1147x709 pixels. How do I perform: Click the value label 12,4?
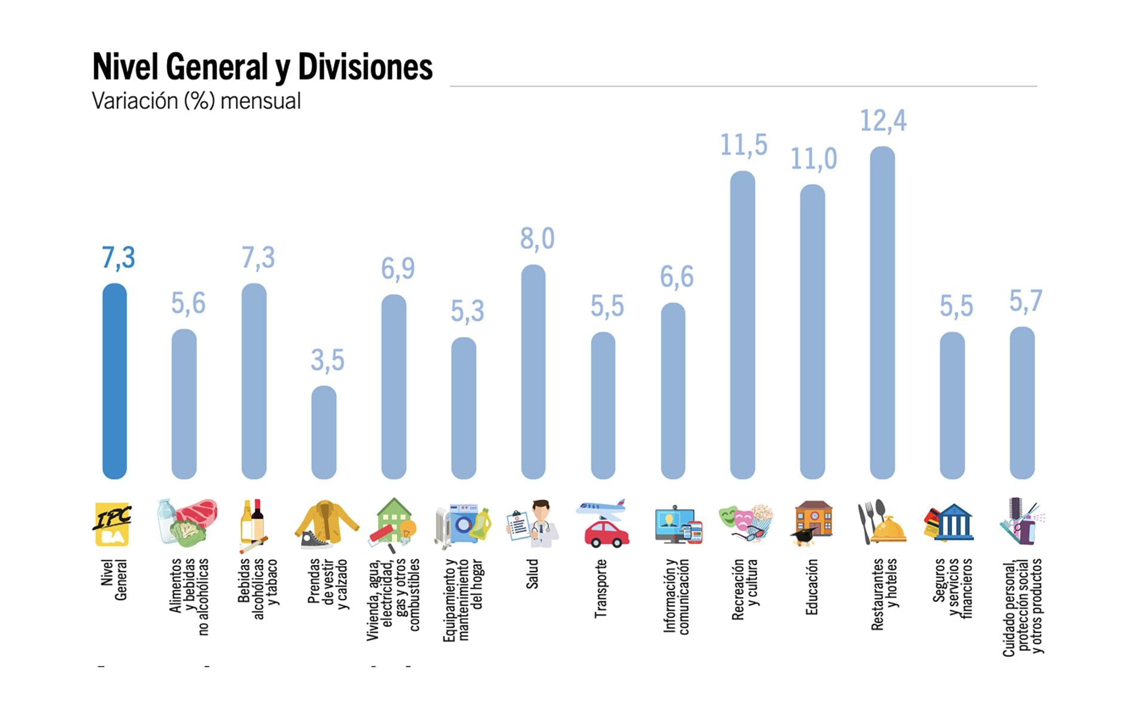[883, 121]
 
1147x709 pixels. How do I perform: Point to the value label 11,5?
[743, 145]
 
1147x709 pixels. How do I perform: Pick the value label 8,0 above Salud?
[537, 239]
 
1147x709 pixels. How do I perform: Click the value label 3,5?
[327, 360]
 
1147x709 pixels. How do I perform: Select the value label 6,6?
[676, 277]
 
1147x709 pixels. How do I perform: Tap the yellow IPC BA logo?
[113, 524]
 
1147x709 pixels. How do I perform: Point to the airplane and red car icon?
[603, 524]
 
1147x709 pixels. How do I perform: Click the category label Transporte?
[600, 588]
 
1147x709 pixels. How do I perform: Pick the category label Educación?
[811, 587]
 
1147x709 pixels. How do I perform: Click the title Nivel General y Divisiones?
[262, 67]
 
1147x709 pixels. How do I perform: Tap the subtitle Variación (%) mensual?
[196, 101]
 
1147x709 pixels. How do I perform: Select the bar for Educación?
[812, 332]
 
